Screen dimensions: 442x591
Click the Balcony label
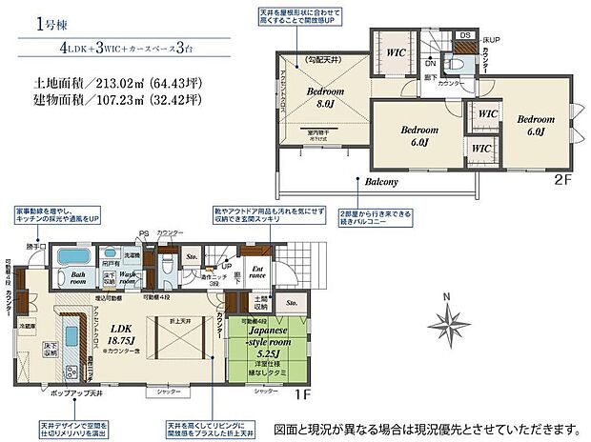pyautogui.click(x=379, y=181)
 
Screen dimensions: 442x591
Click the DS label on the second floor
pyautogui.click(x=466, y=35)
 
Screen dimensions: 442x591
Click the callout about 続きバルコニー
pyautogui.click(x=374, y=217)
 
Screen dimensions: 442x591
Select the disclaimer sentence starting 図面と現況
pyautogui.click(x=426, y=426)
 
